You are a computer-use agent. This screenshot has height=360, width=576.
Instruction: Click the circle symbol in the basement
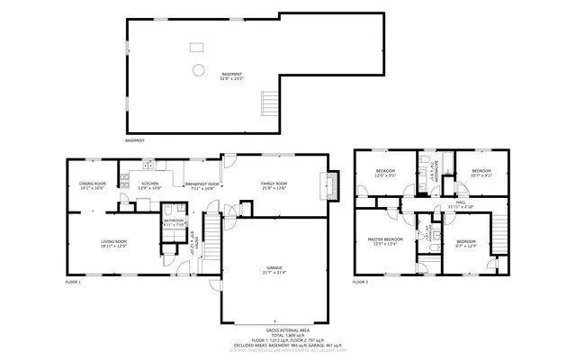[x=197, y=69]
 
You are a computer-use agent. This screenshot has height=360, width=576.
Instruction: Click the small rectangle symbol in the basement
[x=195, y=47]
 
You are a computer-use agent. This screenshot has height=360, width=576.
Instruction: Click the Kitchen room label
[x=149, y=184]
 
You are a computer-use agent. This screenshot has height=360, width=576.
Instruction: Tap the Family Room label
[x=274, y=184]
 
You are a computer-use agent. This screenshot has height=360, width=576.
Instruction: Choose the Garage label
[x=274, y=269]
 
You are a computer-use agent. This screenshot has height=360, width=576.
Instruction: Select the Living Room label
[x=112, y=243]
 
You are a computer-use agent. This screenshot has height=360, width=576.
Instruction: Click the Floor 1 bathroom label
[x=173, y=221]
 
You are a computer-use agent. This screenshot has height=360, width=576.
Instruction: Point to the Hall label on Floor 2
[x=460, y=205]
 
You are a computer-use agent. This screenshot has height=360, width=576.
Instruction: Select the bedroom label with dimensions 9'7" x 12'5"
[x=465, y=243]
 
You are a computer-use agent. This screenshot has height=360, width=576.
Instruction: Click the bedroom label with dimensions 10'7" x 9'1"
[x=481, y=173]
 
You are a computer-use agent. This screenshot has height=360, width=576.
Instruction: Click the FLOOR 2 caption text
[x=360, y=283]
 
